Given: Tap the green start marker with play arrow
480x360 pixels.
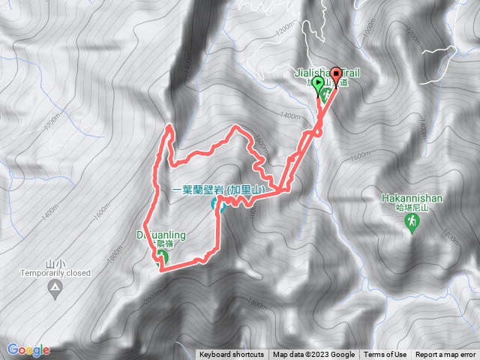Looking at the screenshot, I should coord(319,83).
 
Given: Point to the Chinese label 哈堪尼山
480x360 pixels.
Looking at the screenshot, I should coord(412,209).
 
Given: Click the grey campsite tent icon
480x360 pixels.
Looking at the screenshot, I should coord(55,289).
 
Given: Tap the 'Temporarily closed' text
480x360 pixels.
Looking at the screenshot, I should coord(56,272).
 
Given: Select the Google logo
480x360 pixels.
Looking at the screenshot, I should coord(28,349).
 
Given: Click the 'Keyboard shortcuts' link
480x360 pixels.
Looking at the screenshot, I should coord(231,355).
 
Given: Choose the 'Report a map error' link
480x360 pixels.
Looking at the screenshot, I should coord(446,355).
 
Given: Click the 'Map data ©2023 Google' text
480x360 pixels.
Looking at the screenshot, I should coord(313,355).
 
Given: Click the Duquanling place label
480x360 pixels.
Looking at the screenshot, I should coord(161,235).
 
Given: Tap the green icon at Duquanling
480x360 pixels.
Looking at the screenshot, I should coord(161,259).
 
